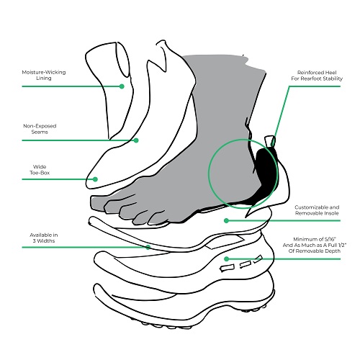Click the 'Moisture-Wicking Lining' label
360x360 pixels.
[44, 75]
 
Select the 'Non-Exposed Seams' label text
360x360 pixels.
[40, 129]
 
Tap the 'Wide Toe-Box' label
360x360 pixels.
[40, 170]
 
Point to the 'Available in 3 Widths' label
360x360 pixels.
[44, 238]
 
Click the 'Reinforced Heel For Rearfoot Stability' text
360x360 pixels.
[317, 76]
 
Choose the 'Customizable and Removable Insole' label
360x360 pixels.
[317, 210]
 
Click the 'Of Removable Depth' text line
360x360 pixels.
[315, 251]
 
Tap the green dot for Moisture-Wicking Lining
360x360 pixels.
[122, 86]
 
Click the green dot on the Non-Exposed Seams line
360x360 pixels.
[136, 140]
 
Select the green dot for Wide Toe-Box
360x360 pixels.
[95, 179]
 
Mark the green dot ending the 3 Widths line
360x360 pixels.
[148, 247]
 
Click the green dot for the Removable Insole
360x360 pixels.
[226, 220]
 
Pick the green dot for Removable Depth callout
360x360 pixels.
[226, 258]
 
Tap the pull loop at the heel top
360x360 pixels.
[271, 141]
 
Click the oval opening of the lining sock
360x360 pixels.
[123, 60]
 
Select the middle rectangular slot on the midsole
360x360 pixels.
[246, 264]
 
